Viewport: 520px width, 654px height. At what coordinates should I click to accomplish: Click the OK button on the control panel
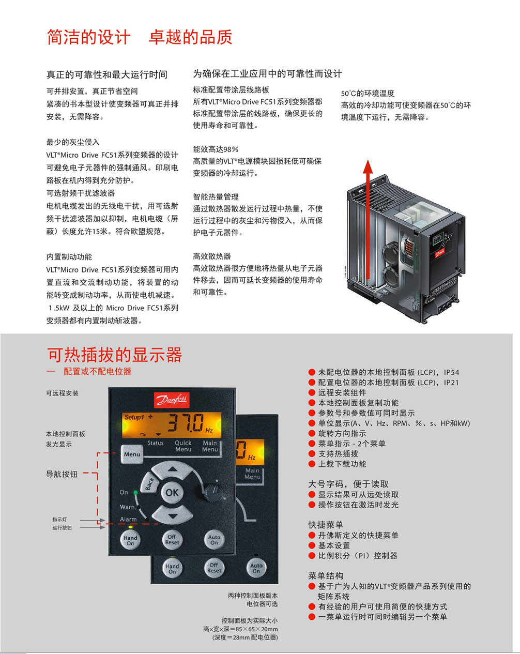click(172, 493)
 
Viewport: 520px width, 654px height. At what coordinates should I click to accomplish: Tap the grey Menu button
click(132, 454)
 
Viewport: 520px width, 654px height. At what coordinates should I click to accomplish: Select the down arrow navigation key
click(172, 514)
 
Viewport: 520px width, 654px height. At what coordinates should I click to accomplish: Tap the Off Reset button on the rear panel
click(215, 568)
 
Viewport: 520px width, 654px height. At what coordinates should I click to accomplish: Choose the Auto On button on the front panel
click(215, 540)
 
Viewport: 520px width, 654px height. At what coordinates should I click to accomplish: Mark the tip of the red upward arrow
click(368, 160)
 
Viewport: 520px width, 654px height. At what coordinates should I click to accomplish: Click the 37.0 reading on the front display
click(186, 422)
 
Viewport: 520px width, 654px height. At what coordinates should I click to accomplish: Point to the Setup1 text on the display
click(134, 417)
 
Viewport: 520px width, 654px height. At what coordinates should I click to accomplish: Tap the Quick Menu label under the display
click(183, 446)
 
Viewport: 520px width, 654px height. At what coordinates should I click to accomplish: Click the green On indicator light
click(135, 492)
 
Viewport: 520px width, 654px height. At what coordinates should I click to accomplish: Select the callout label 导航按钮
click(62, 474)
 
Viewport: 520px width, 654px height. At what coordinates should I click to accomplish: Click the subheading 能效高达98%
click(216, 149)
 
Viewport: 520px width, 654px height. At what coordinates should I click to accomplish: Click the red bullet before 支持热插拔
click(312, 454)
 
